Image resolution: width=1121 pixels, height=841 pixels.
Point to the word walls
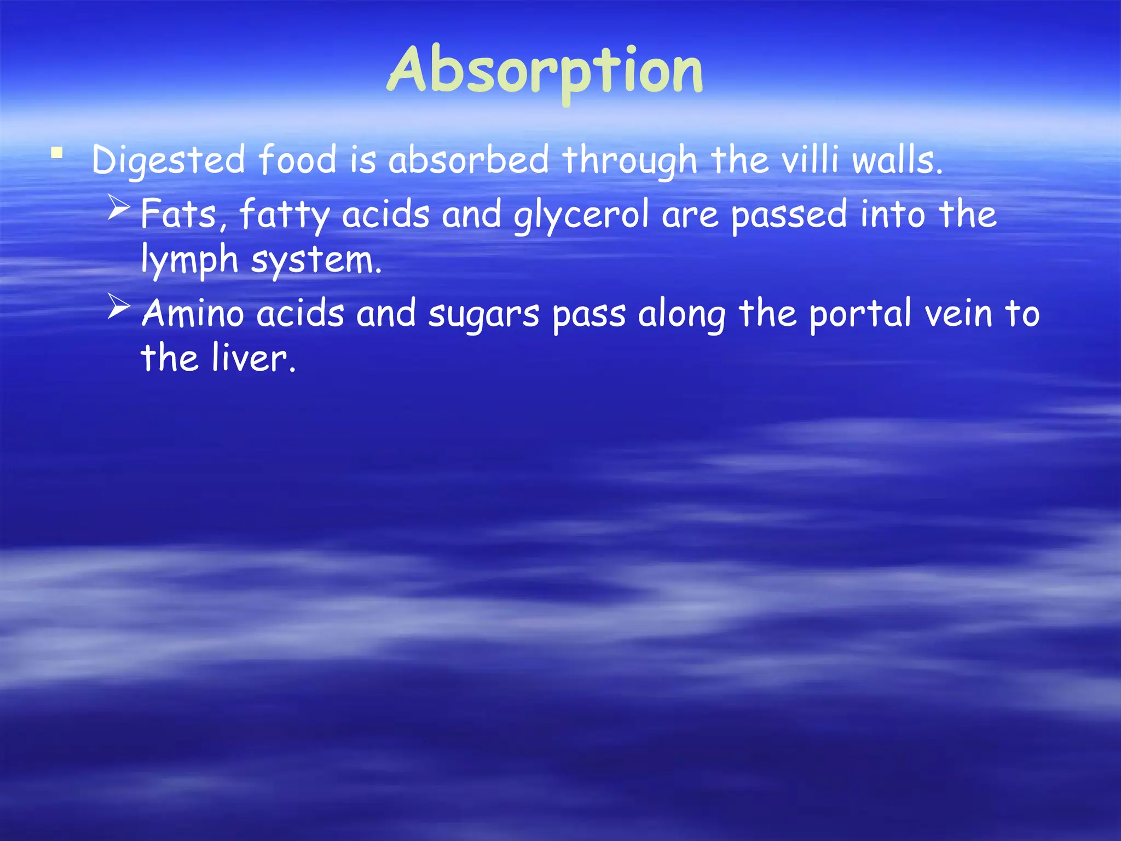(898, 160)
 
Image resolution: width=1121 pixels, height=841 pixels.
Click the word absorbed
(469, 160)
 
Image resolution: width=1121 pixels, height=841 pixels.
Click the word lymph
(189, 260)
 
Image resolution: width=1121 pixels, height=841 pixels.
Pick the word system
(316, 260)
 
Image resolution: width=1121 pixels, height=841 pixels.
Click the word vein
(958, 314)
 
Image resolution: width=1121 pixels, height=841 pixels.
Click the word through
(629, 160)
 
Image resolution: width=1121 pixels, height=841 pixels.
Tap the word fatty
(284, 215)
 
